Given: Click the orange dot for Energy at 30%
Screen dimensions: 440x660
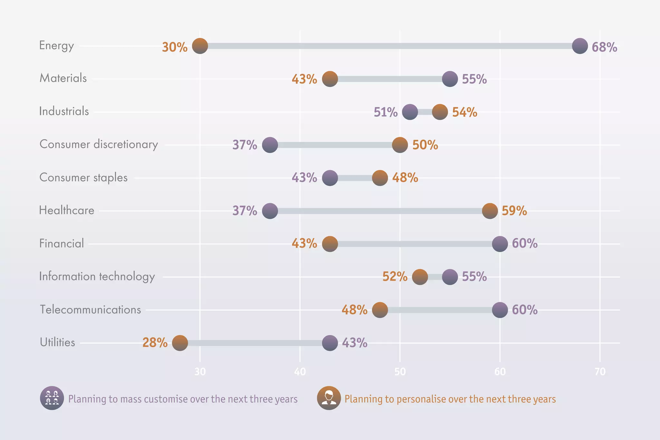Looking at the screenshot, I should [x=200, y=46].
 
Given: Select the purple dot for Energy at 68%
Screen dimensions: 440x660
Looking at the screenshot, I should [x=580, y=46].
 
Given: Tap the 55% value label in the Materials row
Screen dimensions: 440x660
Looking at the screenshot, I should [x=474, y=79].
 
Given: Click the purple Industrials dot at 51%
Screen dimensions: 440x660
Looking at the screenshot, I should [x=410, y=112].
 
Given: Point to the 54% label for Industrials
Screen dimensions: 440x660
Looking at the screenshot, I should [x=464, y=112].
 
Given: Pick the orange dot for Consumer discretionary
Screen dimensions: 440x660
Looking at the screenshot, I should [x=400, y=145].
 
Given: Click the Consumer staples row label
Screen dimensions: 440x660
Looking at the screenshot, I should [x=83, y=178].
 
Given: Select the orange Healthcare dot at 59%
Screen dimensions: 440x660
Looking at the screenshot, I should [x=490, y=211].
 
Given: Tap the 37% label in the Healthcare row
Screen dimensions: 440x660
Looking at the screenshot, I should [x=245, y=211].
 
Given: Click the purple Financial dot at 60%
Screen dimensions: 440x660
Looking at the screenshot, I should [x=500, y=244].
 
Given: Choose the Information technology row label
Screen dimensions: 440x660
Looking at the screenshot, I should [x=97, y=277].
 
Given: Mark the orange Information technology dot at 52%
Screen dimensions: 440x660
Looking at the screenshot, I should [x=420, y=277].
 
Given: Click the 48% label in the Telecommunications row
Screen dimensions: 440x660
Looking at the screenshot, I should [x=354, y=310].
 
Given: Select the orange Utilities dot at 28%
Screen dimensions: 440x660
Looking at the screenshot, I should [x=180, y=343].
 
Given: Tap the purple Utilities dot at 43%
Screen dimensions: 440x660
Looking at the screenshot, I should [x=330, y=343].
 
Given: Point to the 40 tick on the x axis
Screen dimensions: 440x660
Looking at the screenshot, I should [x=300, y=372].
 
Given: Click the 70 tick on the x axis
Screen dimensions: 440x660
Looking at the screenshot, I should [x=600, y=372].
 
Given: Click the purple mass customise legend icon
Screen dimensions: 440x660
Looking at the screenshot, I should [x=52, y=398].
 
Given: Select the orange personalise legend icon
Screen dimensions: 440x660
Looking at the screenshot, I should [x=329, y=398].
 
